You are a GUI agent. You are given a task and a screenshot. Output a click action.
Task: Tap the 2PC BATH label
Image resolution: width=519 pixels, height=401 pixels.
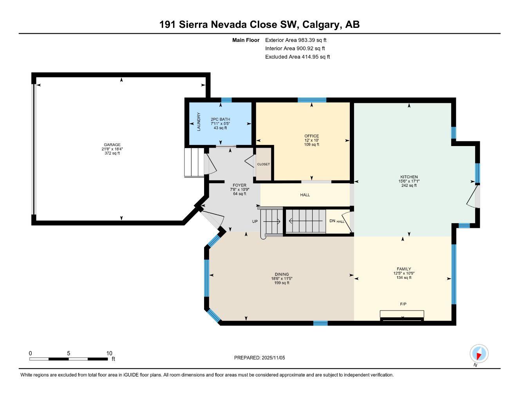point(220,119)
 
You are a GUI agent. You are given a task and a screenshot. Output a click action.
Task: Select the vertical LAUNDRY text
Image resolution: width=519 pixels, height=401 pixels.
point(199,122)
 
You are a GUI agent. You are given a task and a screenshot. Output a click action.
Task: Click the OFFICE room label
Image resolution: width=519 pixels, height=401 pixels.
point(311,136)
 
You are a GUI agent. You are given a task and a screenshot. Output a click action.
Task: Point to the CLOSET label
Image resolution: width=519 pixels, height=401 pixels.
point(263,164)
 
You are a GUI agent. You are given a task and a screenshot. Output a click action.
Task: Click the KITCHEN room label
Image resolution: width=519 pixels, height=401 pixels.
point(409,177)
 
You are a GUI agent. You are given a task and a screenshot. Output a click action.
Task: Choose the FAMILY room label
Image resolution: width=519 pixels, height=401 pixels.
point(403,269)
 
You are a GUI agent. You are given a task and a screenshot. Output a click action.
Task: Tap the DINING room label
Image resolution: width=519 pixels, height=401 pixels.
point(282,275)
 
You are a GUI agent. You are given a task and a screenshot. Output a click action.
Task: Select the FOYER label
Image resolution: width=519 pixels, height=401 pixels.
point(239,185)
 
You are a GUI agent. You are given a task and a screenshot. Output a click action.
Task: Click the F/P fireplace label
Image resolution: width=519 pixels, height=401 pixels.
point(403,304)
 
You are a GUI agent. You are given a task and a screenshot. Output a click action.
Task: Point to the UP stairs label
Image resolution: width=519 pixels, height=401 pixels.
point(255,222)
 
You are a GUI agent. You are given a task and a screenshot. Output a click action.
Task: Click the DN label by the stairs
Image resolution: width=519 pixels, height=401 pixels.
point(332,221)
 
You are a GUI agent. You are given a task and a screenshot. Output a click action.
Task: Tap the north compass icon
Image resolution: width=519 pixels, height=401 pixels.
point(478,354)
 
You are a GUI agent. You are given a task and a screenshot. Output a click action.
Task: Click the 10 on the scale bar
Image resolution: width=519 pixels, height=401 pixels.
point(109,353)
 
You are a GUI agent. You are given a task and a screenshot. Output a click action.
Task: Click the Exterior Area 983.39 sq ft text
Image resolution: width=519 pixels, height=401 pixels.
point(296,40)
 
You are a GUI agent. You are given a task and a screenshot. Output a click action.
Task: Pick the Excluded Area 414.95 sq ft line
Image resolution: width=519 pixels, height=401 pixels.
point(297,57)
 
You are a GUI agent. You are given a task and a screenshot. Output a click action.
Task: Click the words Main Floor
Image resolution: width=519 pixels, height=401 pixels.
point(246,40)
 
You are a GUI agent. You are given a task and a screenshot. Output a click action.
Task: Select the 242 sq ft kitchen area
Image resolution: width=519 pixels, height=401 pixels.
point(409,186)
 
